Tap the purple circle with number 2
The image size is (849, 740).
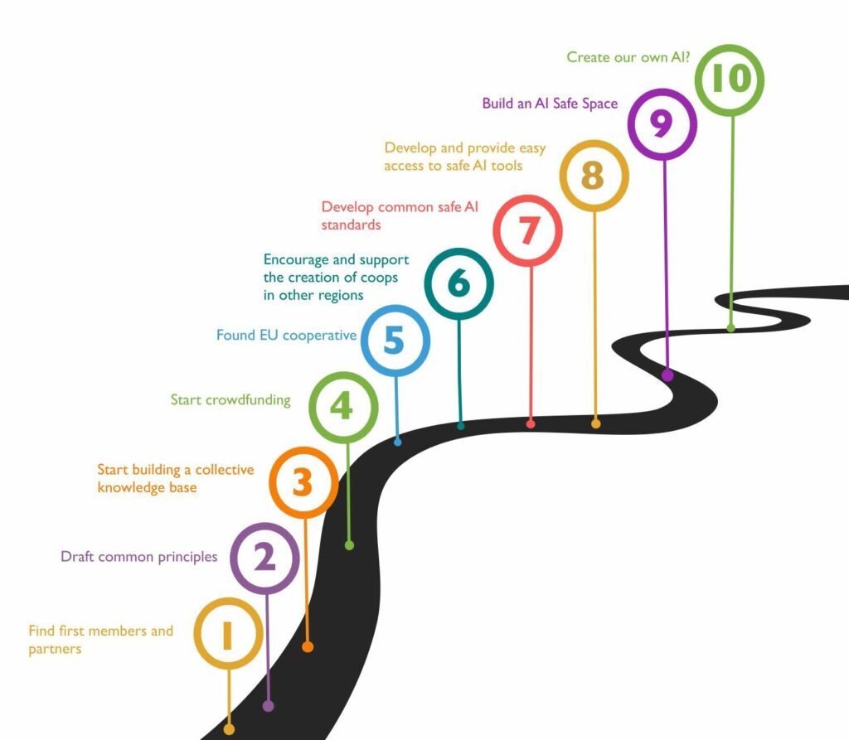tap(264, 558)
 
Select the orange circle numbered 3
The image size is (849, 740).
tap(303, 482)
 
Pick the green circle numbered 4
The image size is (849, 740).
tap(343, 406)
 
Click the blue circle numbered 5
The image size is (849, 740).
tap(395, 340)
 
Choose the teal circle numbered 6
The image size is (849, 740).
tap(458, 283)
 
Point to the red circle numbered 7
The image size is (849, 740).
tap(528, 230)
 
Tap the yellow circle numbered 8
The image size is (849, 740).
tap(594, 175)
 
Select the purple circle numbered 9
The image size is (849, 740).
tap(661, 123)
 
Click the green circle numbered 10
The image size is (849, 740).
tap(729, 79)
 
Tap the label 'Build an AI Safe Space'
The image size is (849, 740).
tap(550, 104)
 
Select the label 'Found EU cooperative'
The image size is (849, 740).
tap(286, 336)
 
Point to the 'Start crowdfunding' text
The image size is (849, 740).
tap(230, 400)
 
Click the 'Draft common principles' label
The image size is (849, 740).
tap(138, 557)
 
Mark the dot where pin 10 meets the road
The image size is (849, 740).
tap(730, 327)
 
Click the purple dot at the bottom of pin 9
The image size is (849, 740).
tap(667, 375)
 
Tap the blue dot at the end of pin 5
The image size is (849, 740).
tap(398, 442)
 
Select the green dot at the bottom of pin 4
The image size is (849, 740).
tap(349, 545)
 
